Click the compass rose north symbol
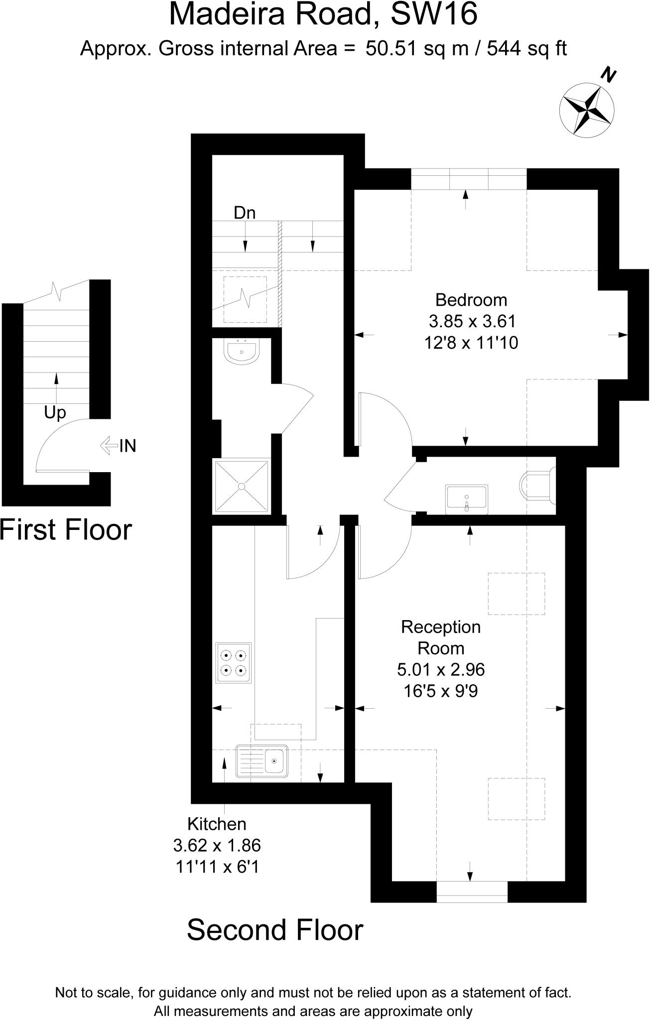(x=587, y=108)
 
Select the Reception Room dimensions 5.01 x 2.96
(x=441, y=669)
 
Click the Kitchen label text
(x=217, y=824)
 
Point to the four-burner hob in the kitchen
(x=234, y=663)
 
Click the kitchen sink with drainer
(x=262, y=761)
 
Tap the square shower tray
(x=242, y=486)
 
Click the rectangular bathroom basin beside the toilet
(x=467, y=500)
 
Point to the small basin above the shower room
(x=242, y=351)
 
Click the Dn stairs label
(x=245, y=213)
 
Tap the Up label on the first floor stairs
(x=55, y=412)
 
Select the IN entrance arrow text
(x=128, y=445)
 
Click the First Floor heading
(x=66, y=529)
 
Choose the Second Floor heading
(x=275, y=930)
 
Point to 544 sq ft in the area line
(x=527, y=49)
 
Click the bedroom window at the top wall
(x=469, y=179)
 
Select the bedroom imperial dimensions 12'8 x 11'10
(x=471, y=343)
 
